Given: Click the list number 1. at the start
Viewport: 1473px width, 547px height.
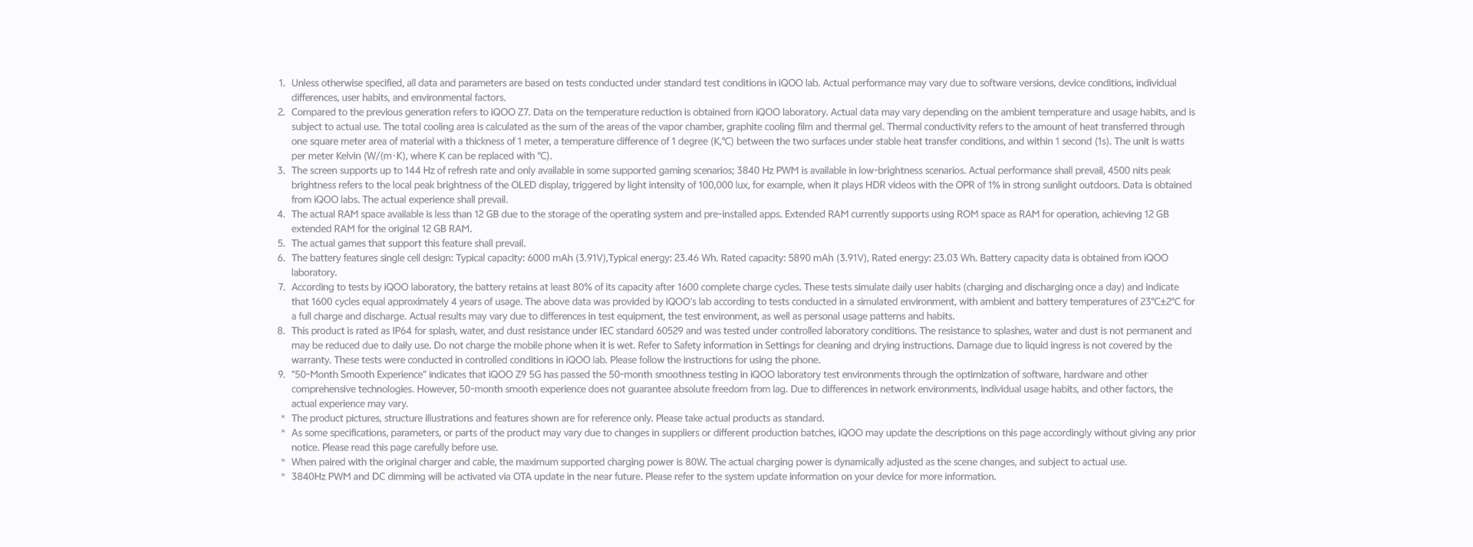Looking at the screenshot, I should click(282, 83).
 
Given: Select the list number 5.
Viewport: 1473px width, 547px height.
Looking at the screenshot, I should click(282, 243).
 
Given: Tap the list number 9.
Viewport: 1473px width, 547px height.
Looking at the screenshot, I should click(282, 374).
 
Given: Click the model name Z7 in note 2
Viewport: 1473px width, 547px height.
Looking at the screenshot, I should click(524, 112).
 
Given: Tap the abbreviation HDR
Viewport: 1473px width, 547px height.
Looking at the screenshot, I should click(878, 185).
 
